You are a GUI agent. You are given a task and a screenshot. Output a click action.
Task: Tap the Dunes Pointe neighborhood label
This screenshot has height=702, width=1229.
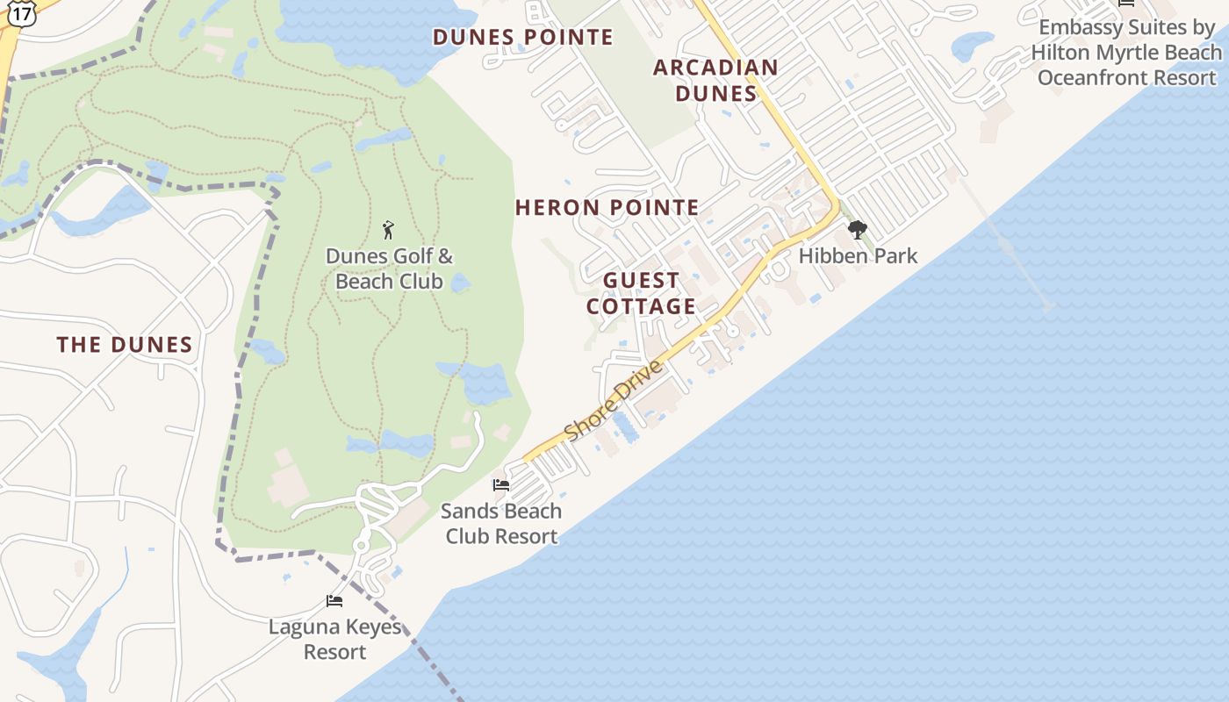(x=523, y=37)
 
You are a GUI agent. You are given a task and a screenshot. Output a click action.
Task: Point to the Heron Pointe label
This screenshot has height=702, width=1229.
(x=607, y=208)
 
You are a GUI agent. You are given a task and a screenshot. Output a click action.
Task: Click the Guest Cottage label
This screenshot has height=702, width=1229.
(x=641, y=293)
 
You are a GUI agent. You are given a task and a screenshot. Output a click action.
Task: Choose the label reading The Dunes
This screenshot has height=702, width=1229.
(x=125, y=345)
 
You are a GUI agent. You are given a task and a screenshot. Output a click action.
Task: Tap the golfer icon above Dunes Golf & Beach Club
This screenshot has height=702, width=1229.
(x=389, y=231)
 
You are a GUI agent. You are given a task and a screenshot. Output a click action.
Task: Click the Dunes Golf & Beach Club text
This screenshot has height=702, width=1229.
(x=389, y=269)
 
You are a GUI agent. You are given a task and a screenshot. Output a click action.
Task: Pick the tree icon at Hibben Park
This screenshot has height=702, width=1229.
(x=857, y=230)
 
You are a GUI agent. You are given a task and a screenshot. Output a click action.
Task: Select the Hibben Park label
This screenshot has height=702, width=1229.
(x=858, y=256)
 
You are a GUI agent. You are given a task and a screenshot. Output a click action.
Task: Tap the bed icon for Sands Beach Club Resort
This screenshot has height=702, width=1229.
(x=501, y=484)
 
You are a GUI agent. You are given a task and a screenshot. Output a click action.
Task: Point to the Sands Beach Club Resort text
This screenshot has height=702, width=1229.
(x=501, y=523)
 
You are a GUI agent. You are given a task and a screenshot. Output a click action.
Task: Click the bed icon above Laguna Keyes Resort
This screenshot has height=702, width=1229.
(x=334, y=601)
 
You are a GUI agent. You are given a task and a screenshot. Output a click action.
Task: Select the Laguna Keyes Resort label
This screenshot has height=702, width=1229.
(x=334, y=640)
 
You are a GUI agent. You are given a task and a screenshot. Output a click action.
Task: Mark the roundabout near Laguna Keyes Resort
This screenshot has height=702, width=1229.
(x=361, y=547)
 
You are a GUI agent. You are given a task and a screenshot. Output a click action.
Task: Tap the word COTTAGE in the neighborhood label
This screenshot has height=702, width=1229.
(x=641, y=306)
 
